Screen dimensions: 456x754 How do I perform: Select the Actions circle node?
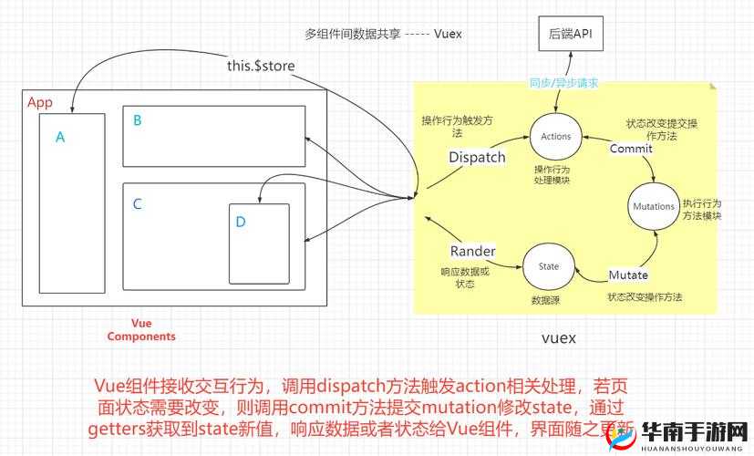coord(555,136)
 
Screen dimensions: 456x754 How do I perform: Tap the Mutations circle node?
coord(652,207)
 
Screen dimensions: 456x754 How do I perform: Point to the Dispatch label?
coord(477,157)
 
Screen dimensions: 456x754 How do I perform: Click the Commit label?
coord(631,148)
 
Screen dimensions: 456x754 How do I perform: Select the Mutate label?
coord(628,275)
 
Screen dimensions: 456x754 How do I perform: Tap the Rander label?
coord(473,251)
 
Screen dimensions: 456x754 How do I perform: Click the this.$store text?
coord(261,66)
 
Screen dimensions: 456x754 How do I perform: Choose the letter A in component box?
coord(60,138)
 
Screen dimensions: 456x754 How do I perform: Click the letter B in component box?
coord(137,119)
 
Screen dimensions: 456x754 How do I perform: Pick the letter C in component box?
coord(137,203)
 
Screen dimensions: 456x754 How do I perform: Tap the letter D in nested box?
coord(240,222)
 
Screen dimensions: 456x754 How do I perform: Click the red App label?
coord(39,102)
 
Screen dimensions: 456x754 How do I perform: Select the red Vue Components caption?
coord(141,329)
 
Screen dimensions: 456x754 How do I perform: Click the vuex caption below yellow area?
coord(559,337)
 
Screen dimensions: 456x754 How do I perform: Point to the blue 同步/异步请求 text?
coord(563,83)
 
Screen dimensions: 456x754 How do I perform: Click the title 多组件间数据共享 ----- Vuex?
coord(383,34)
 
